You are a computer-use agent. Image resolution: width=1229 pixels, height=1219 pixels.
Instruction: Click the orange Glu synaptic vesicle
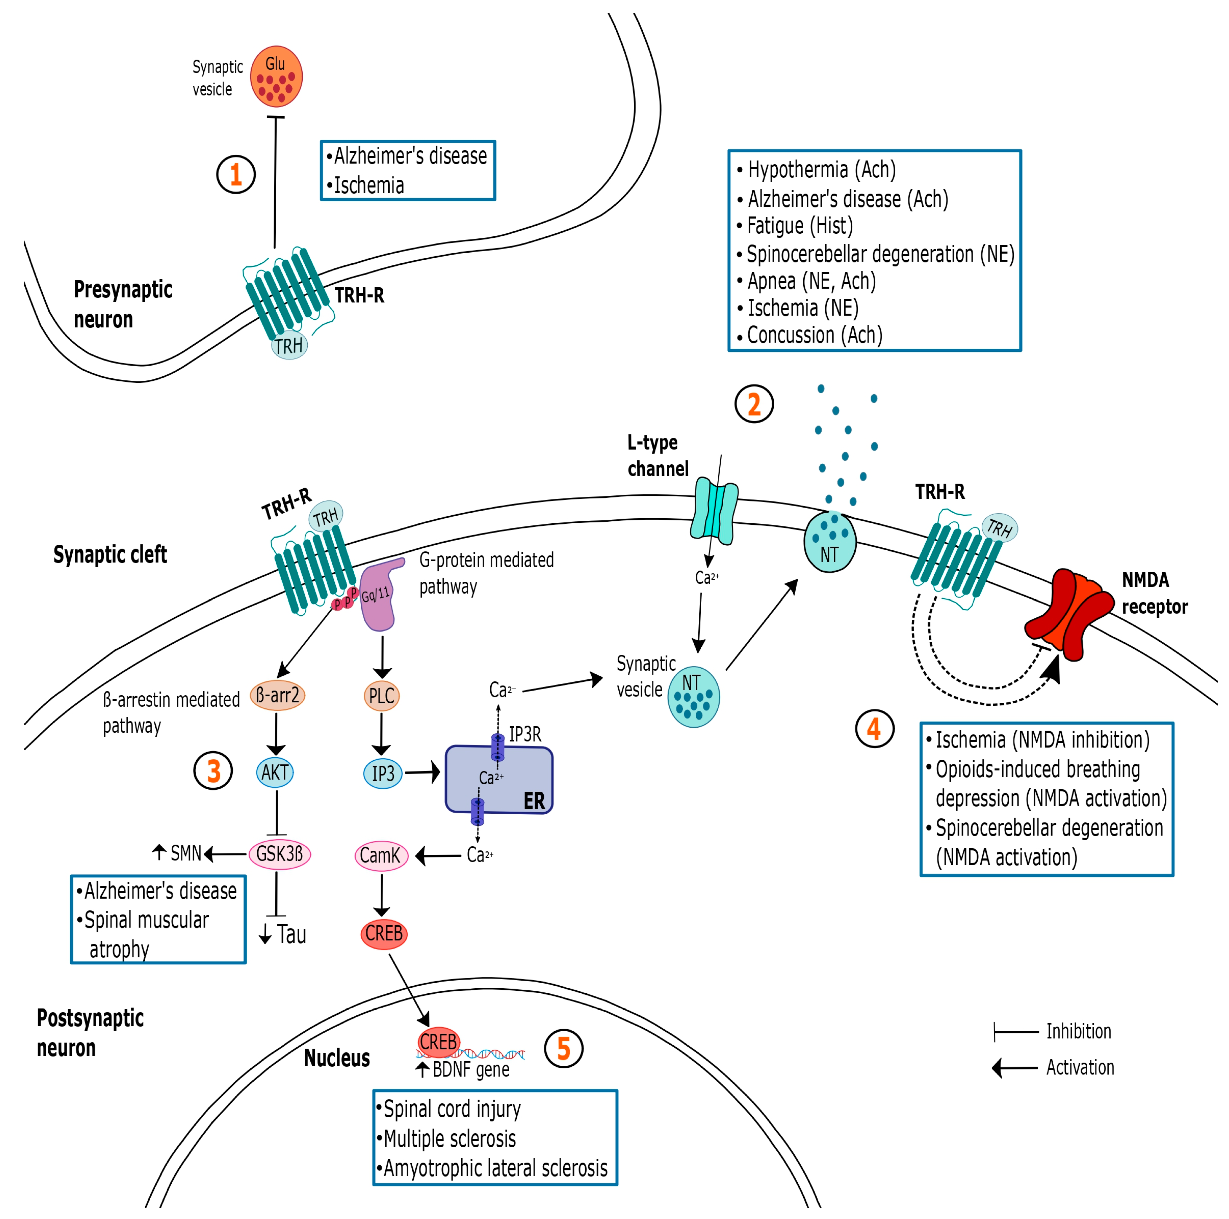tap(276, 76)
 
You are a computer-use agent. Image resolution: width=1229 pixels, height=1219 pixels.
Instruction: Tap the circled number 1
tap(236, 174)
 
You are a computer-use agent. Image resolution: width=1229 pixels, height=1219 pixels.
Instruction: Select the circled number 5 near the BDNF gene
tap(564, 1049)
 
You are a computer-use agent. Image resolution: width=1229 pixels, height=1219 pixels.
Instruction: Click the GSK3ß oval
tap(280, 854)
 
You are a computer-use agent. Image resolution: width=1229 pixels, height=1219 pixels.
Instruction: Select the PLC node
tap(382, 695)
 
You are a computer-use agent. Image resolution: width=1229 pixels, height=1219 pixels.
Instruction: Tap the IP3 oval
tap(383, 774)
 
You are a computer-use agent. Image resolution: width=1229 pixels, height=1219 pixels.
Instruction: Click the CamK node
tap(381, 855)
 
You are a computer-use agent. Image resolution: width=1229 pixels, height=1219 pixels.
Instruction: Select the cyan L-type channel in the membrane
tap(714, 511)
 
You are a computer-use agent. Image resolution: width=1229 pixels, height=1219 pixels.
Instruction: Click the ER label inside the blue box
tap(534, 801)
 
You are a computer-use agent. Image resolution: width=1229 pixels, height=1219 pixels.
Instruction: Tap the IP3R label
tap(525, 734)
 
